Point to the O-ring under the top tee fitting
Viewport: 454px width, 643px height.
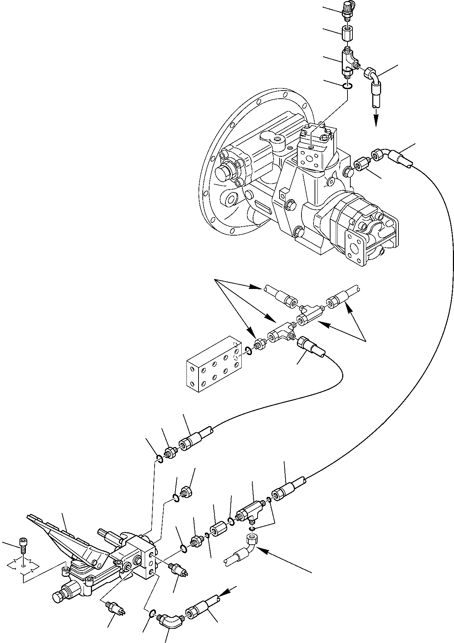pos(348,86)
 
